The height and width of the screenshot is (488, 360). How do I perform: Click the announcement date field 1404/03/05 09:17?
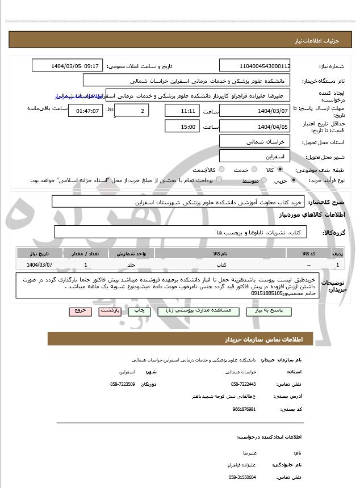tap(66, 65)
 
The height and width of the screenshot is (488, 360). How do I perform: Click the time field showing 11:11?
tap(182, 110)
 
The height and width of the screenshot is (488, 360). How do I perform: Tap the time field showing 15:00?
tap(182, 127)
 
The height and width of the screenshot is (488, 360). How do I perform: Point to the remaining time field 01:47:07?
tap(86, 110)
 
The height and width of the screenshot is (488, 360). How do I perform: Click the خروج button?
tap(78, 311)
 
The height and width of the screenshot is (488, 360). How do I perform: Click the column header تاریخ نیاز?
tap(39, 253)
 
